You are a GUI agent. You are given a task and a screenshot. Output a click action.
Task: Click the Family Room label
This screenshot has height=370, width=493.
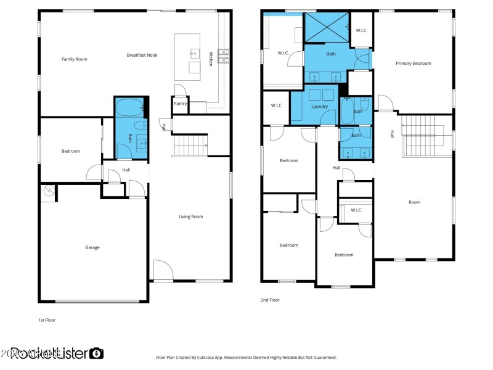[x=74, y=59]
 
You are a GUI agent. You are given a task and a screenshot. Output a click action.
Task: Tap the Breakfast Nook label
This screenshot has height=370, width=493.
[x=142, y=55]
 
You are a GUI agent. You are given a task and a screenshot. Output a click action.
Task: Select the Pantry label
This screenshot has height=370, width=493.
[x=180, y=104]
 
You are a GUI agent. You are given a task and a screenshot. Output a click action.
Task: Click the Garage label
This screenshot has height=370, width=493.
[x=92, y=247]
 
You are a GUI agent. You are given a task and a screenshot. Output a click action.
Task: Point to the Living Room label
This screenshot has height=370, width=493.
[x=190, y=216]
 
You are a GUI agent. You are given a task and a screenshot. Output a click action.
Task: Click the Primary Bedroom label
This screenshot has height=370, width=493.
[x=413, y=63]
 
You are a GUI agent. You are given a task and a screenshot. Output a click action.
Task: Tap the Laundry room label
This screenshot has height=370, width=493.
[x=319, y=107]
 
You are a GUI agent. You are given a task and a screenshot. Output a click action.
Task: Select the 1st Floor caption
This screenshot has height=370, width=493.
[x=47, y=321]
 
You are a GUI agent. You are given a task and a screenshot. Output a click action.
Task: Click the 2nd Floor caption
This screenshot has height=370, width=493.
[x=270, y=300]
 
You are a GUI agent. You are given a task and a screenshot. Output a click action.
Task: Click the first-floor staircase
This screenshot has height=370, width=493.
[x=190, y=146]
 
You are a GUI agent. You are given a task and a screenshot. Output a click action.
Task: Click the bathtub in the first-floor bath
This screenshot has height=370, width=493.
[x=130, y=107]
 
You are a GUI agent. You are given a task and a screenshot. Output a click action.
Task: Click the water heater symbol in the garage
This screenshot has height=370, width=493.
[x=48, y=193]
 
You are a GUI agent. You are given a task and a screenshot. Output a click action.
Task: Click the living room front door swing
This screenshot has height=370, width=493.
[x=162, y=270]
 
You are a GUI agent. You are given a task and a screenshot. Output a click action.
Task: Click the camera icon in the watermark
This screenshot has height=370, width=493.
[x=96, y=353]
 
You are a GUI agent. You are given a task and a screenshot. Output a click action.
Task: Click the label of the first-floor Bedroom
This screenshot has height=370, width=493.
[x=70, y=151]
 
